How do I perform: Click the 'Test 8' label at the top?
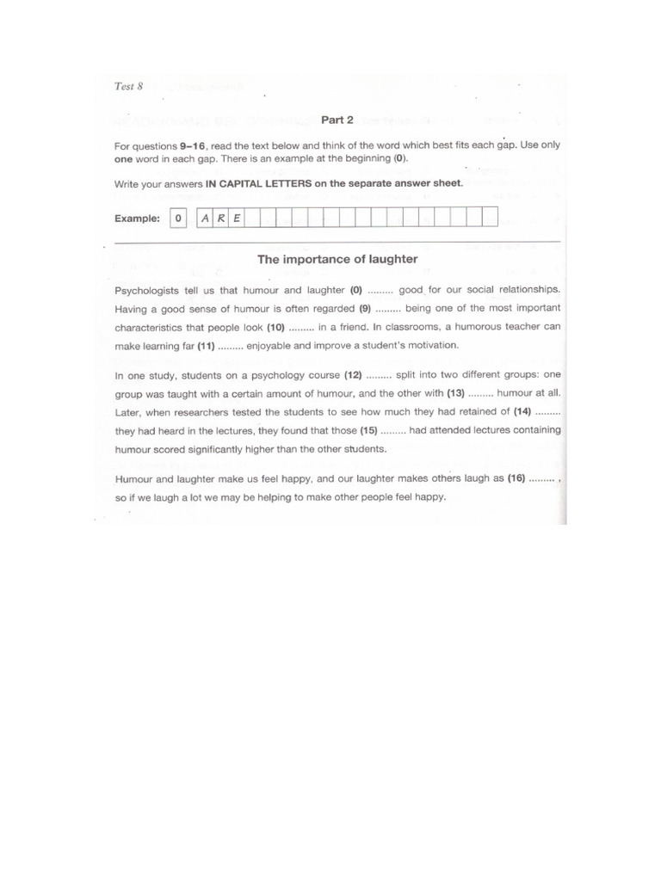coord(128,86)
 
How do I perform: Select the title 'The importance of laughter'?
coord(337,259)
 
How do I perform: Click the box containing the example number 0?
coord(178,218)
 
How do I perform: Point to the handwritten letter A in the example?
coord(205,218)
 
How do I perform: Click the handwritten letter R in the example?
coord(221,218)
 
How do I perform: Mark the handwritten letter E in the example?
coord(237,218)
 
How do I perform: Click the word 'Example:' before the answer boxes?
coord(138,219)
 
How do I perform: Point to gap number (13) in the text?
coord(455,393)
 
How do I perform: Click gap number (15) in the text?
coord(369,430)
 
